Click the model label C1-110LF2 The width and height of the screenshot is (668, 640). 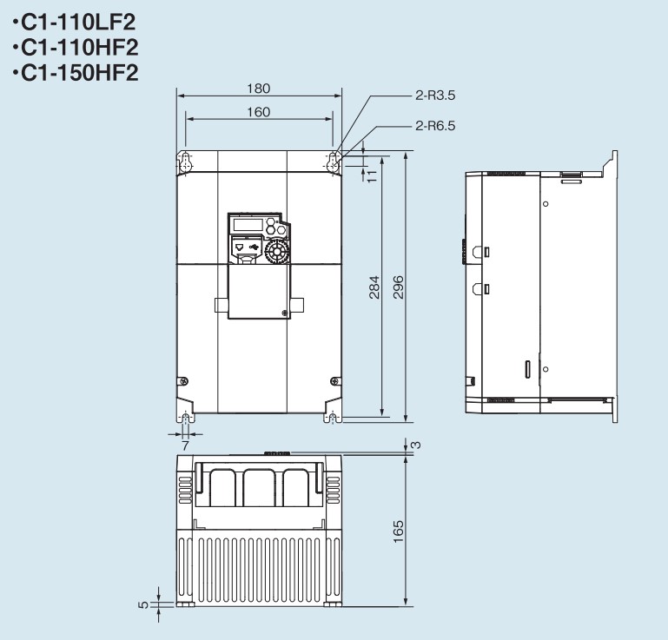pos(78,23)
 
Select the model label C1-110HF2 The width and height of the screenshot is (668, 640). pos(80,47)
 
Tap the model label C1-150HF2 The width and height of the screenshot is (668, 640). pos(80,72)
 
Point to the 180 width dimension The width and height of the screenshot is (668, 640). pos(259,89)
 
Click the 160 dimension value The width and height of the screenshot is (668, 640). pos(259,112)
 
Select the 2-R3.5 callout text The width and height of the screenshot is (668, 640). pos(435,95)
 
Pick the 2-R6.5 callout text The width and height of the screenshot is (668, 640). pos(435,126)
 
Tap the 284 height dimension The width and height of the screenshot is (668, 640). pos(374,287)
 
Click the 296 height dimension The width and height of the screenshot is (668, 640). pos(398,287)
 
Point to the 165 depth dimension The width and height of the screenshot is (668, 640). pos(398,531)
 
